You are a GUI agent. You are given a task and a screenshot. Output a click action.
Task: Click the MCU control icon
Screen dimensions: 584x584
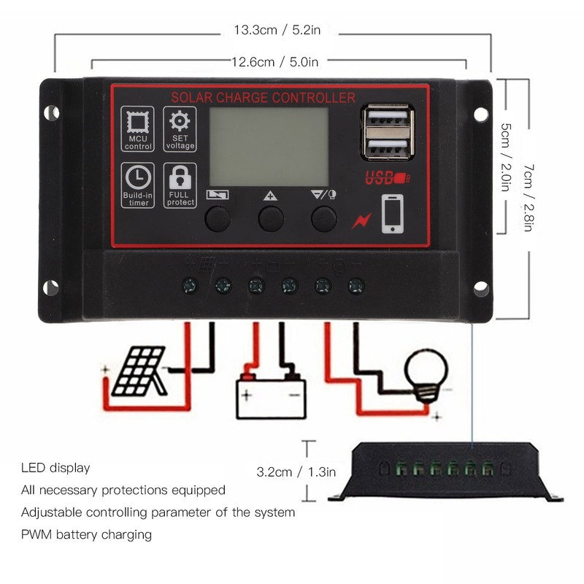point(137,129)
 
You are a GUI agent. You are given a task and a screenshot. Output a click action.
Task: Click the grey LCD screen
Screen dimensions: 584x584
point(269,147)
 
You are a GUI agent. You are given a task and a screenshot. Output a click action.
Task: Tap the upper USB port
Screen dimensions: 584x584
point(388,116)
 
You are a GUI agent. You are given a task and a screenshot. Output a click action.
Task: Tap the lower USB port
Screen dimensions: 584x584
point(388,148)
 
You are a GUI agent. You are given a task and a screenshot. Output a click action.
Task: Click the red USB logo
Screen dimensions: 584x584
point(387,177)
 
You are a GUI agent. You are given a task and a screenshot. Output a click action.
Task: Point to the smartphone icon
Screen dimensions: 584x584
point(393,214)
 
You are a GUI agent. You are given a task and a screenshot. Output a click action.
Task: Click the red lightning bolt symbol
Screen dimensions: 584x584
point(361,221)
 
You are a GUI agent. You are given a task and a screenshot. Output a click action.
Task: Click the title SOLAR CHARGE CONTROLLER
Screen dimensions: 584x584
point(263,98)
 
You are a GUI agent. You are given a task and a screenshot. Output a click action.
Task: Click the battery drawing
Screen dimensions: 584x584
point(271,396)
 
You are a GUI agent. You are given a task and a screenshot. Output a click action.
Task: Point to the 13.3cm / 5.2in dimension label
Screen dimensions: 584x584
point(277,30)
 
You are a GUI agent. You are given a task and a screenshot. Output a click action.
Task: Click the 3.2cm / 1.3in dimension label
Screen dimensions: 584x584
point(296,472)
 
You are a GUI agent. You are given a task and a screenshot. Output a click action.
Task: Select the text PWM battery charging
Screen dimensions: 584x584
point(86,535)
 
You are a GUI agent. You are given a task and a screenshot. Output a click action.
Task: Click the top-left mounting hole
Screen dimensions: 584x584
point(51,112)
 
